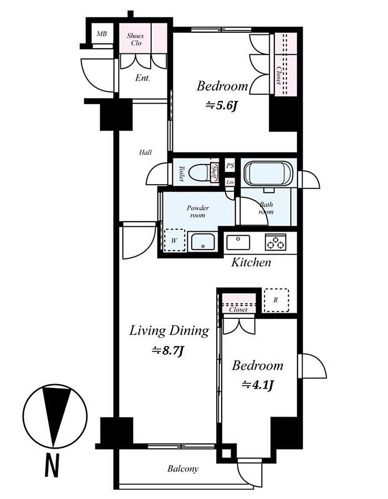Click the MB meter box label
click(102, 33)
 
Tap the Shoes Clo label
click(135, 39)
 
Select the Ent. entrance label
click(142, 78)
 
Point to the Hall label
click(145, 152)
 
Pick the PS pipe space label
click(230, 165)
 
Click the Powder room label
click(197, 211)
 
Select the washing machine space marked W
click(174, 240)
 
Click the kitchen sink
click(238, 242)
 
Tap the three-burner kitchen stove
click(275, 242)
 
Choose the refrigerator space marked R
click(276, 300)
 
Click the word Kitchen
click(251, 263)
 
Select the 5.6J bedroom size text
click(222, 105)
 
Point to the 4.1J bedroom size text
click(258, 385)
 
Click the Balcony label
click(183, 469)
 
